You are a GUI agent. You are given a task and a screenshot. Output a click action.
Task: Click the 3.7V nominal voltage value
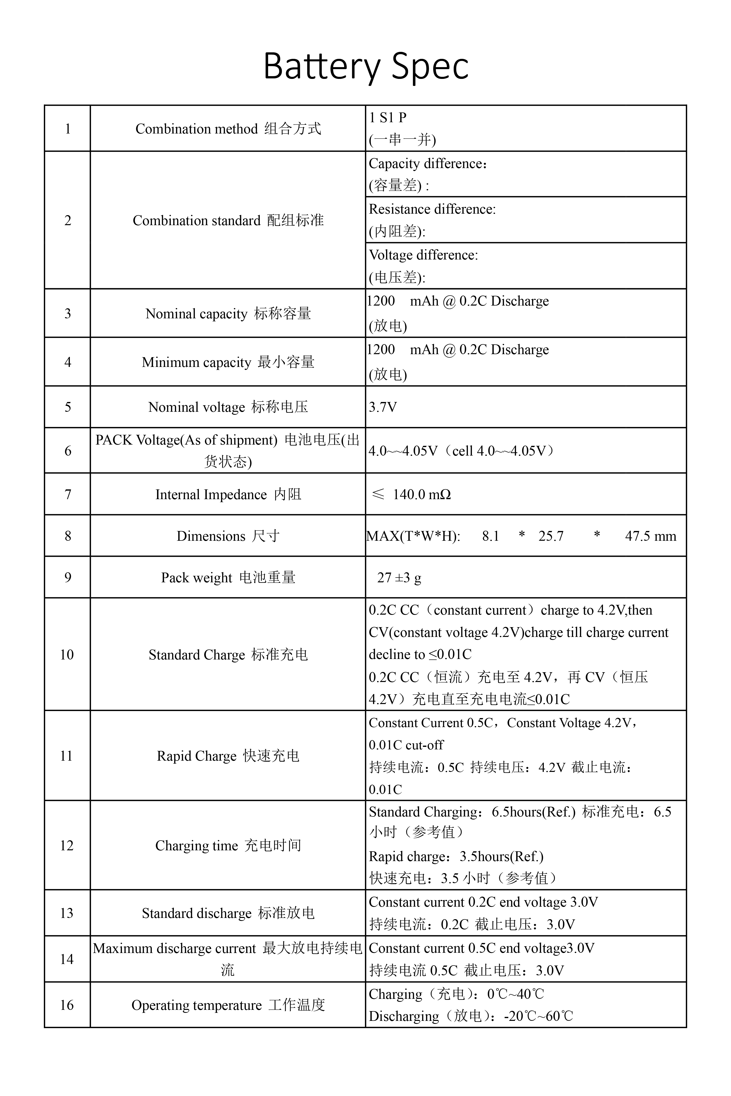(383, 407)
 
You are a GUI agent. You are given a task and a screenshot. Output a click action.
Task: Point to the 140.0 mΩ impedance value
(421, 494)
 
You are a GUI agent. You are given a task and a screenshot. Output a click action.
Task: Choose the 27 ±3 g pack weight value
(399, 578)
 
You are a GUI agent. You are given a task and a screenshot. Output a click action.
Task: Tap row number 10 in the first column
(67, 655)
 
